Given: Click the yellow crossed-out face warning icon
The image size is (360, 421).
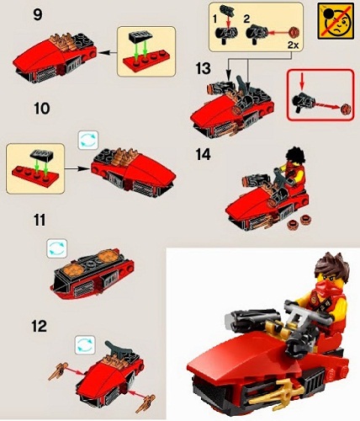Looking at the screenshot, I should click(x=336, y=20).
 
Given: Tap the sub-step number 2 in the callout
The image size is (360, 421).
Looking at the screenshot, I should click(x=246, y=16).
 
